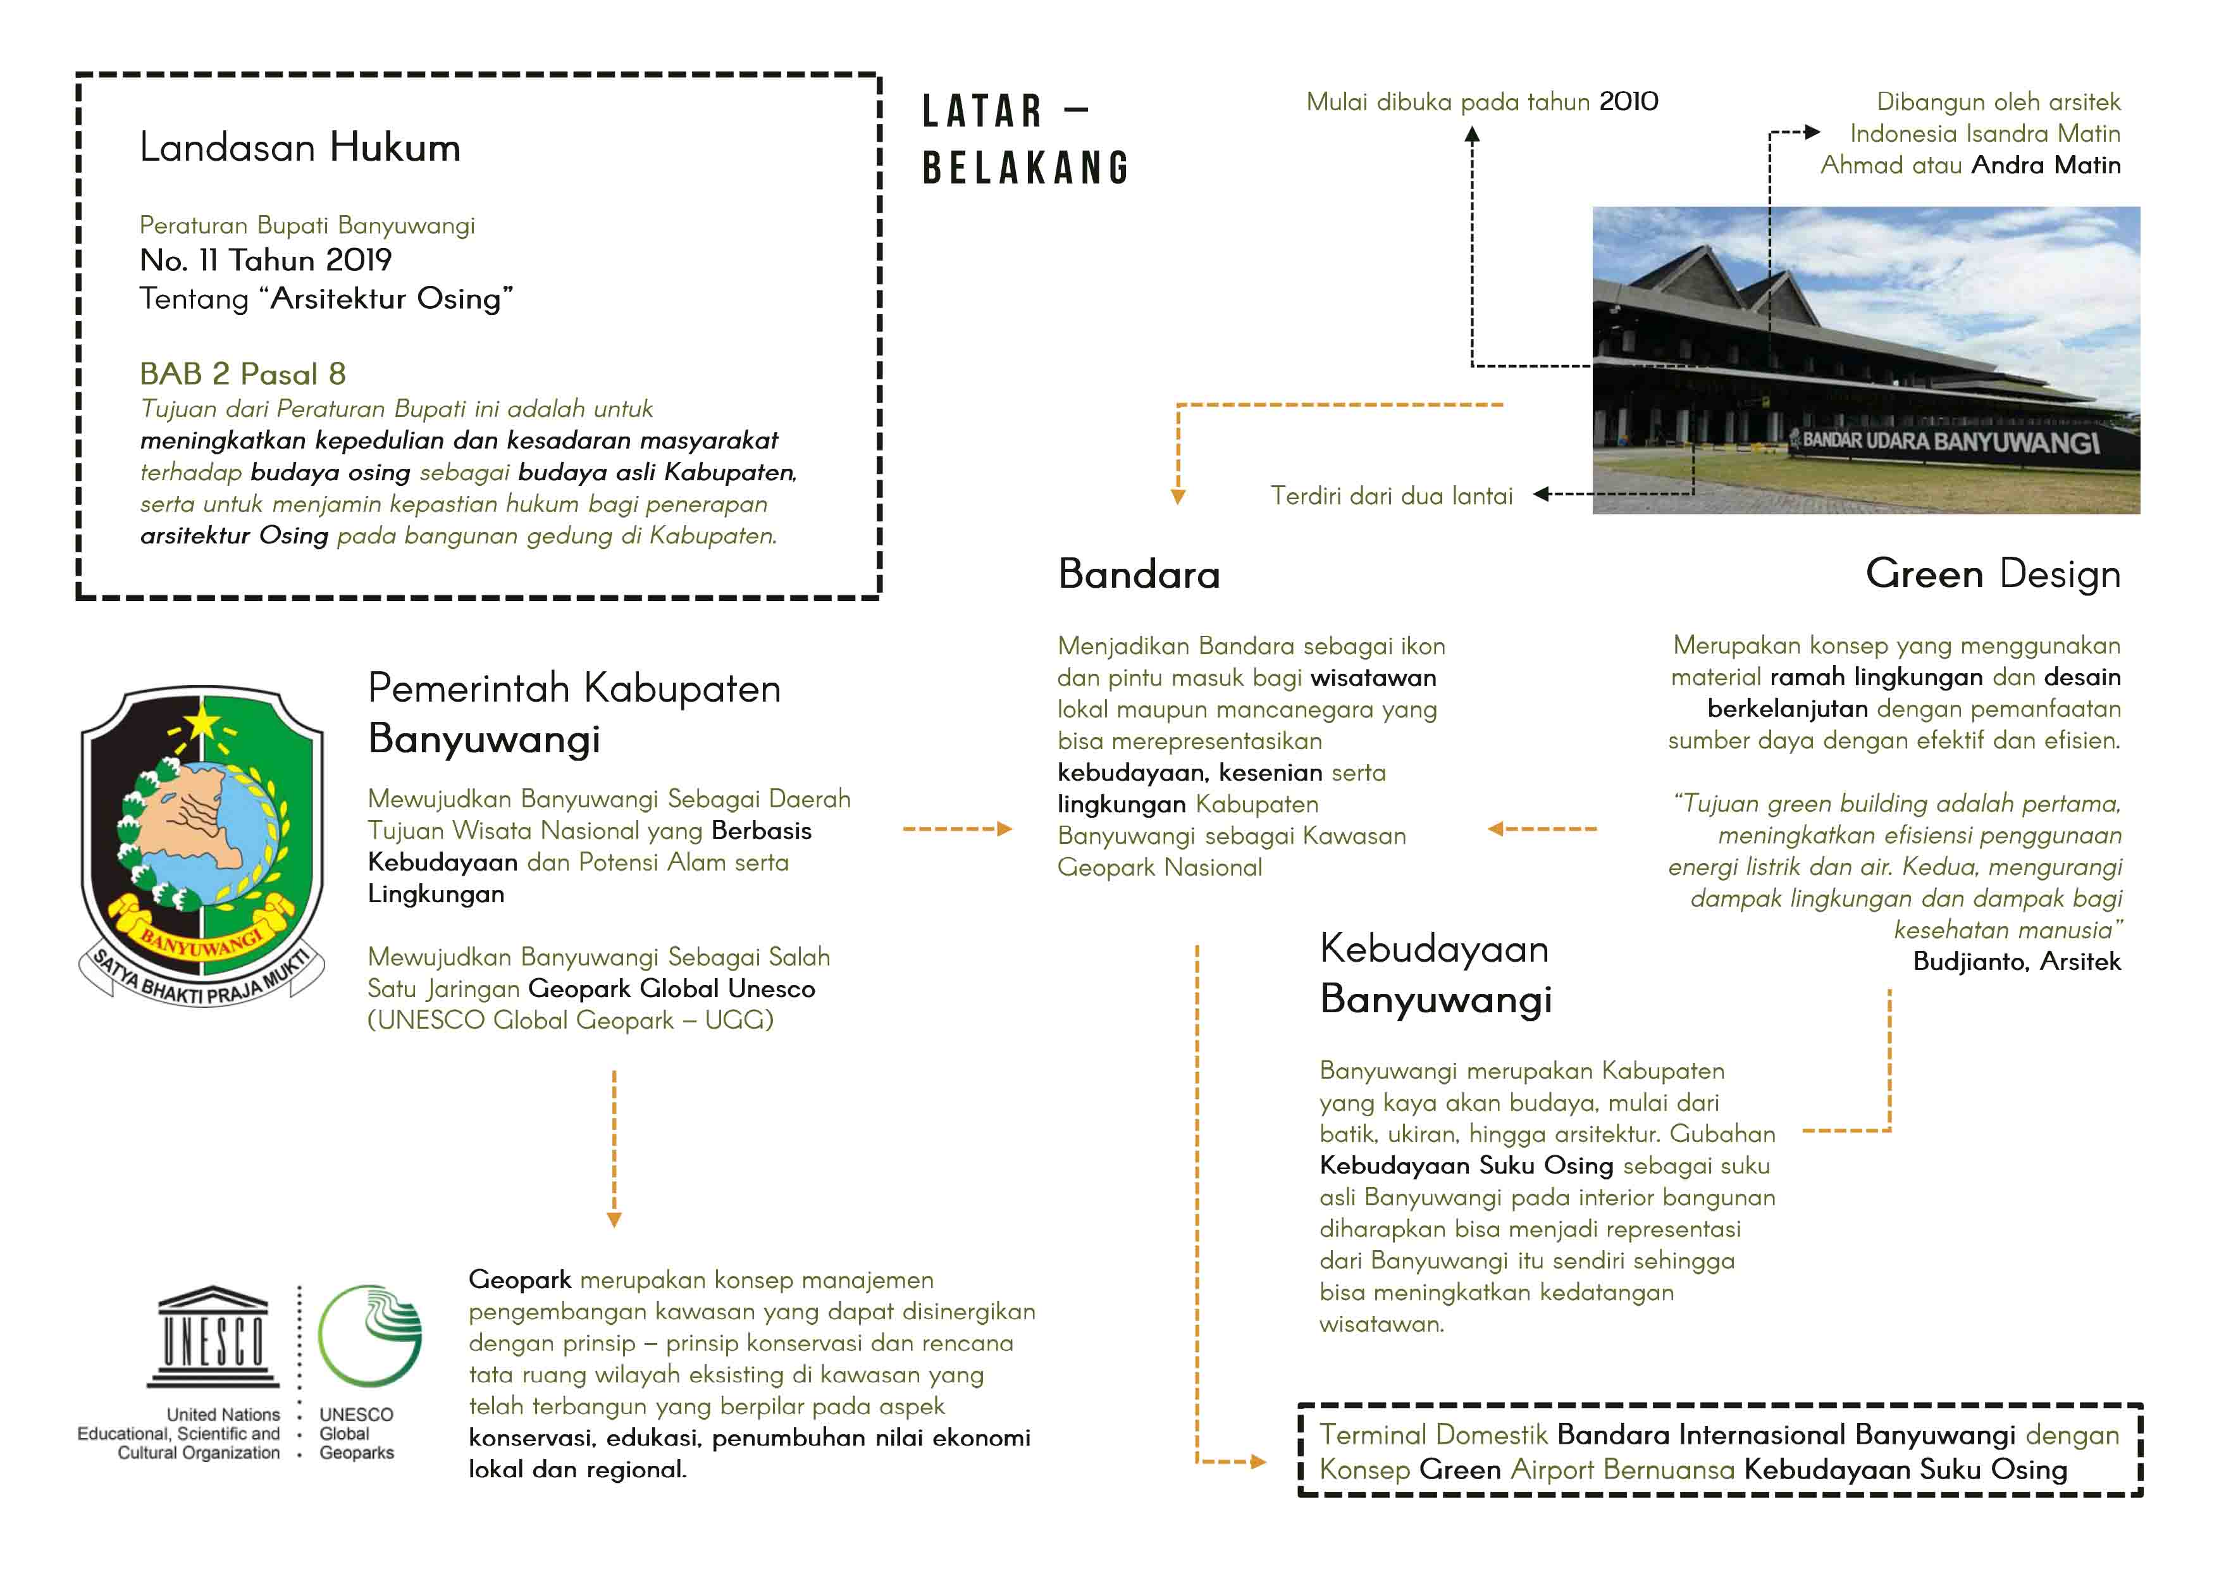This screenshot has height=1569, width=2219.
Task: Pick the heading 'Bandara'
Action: [1139, 574]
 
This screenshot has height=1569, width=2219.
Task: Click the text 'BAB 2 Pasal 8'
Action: [242, 373]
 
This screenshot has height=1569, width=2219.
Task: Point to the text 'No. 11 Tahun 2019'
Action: [266, 259]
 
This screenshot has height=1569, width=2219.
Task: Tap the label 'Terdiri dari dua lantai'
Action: [1391, 496]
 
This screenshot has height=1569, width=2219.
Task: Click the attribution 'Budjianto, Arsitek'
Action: [2017, 961]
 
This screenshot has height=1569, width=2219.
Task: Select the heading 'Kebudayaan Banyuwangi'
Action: [1435, 974]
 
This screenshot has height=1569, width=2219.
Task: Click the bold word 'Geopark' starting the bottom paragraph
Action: [520, 1280]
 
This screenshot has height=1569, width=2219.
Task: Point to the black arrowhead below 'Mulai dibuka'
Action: [1472, 136]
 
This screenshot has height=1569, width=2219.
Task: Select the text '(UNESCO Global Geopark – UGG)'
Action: [570, 1020]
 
